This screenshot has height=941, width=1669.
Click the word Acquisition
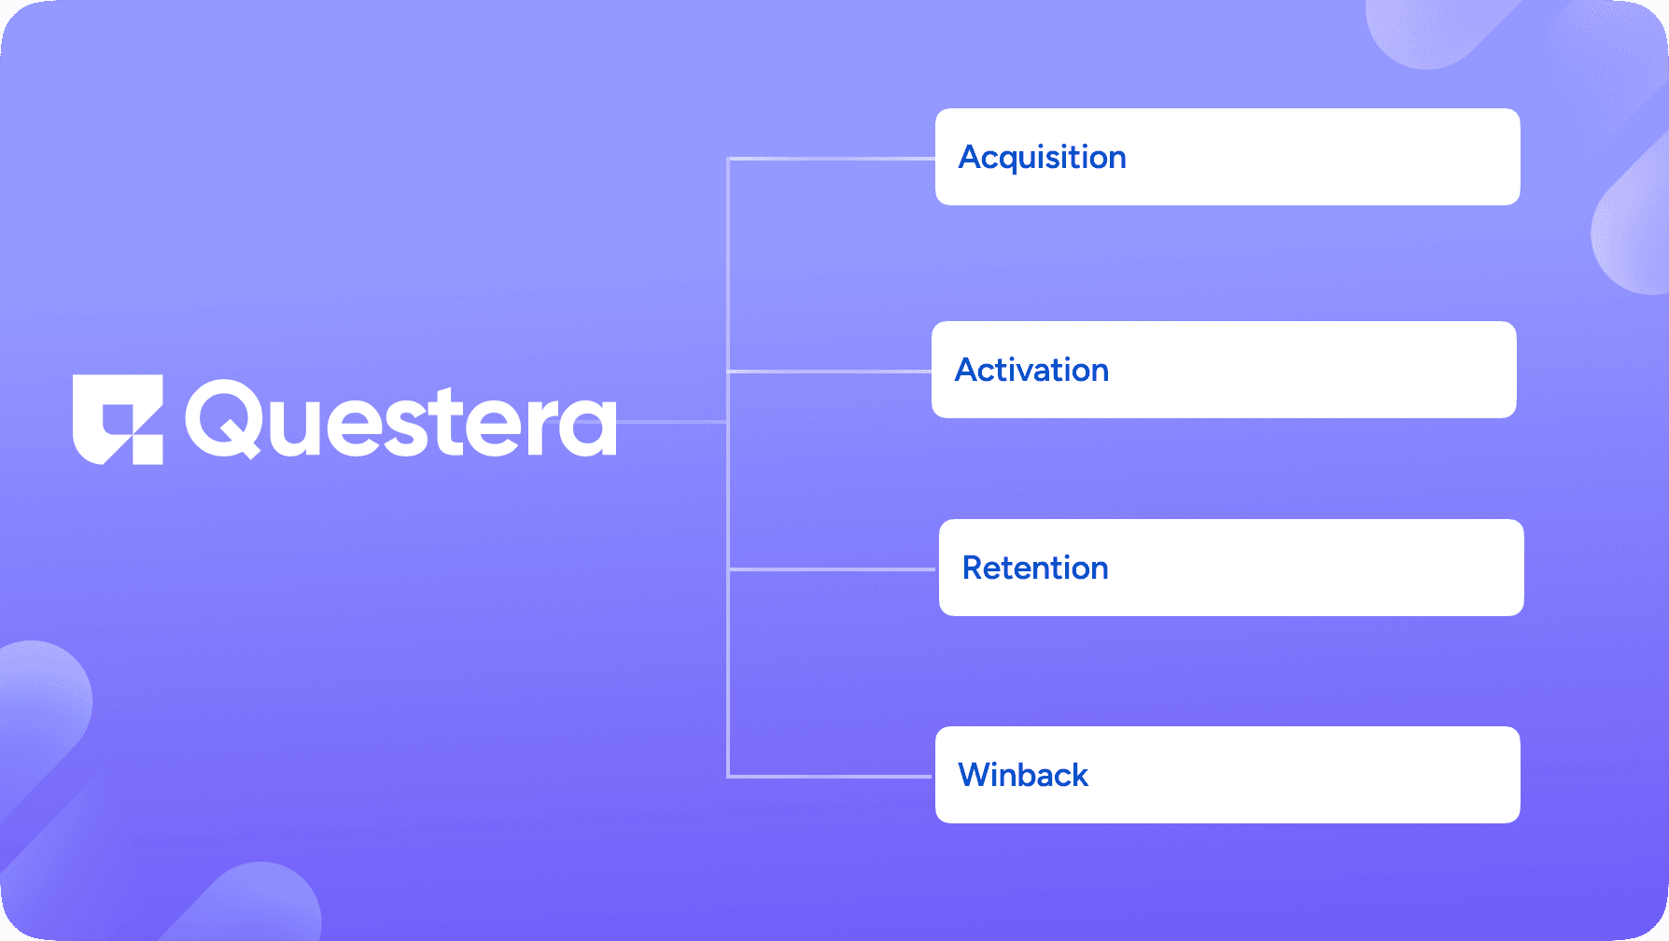pos(1043,158)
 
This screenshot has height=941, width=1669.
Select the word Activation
pos(1031,370)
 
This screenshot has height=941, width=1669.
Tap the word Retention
pos(1035,568)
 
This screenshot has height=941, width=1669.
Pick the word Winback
pos(1023,775)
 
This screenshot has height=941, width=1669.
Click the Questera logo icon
pos(118,419)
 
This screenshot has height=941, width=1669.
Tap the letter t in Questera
pos(464,420)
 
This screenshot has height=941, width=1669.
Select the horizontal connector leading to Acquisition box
pos(832,159)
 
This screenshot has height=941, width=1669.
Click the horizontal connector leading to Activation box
pos(830,372)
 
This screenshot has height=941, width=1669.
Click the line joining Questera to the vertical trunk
pos(672,422)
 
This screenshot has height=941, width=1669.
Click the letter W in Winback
pos(975,775)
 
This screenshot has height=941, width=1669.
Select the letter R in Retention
pos(973,568)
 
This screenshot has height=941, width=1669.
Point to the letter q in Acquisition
pos(1013,162)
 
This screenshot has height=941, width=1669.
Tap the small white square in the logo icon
pos(147,449)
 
